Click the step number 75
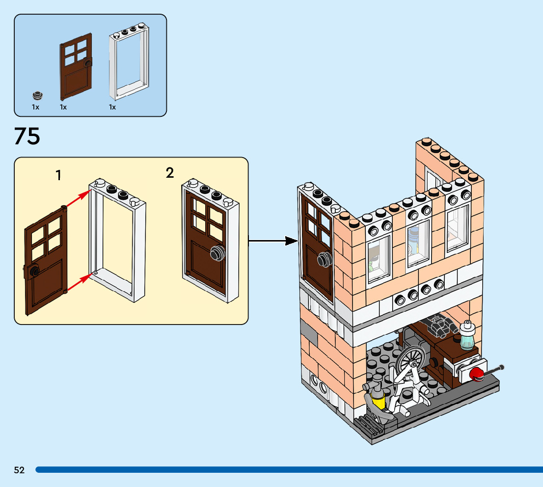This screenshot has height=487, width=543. (27, 136)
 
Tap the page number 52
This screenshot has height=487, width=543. (19, 470)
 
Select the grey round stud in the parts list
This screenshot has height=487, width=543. (37, 94)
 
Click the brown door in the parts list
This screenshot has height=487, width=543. (76, 66)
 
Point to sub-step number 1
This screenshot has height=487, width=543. (59, 175)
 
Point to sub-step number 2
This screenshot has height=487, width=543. (170, 173)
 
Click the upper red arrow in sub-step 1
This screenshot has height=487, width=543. (79, 200)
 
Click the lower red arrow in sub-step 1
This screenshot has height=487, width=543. (79, 284)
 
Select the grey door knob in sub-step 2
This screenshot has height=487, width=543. (217, 253)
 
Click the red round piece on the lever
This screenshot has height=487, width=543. (476, 375)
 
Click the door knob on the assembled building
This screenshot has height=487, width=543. (323, 259)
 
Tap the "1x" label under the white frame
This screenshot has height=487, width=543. (112, 107)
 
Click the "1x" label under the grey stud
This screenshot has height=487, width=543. (36, 107)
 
